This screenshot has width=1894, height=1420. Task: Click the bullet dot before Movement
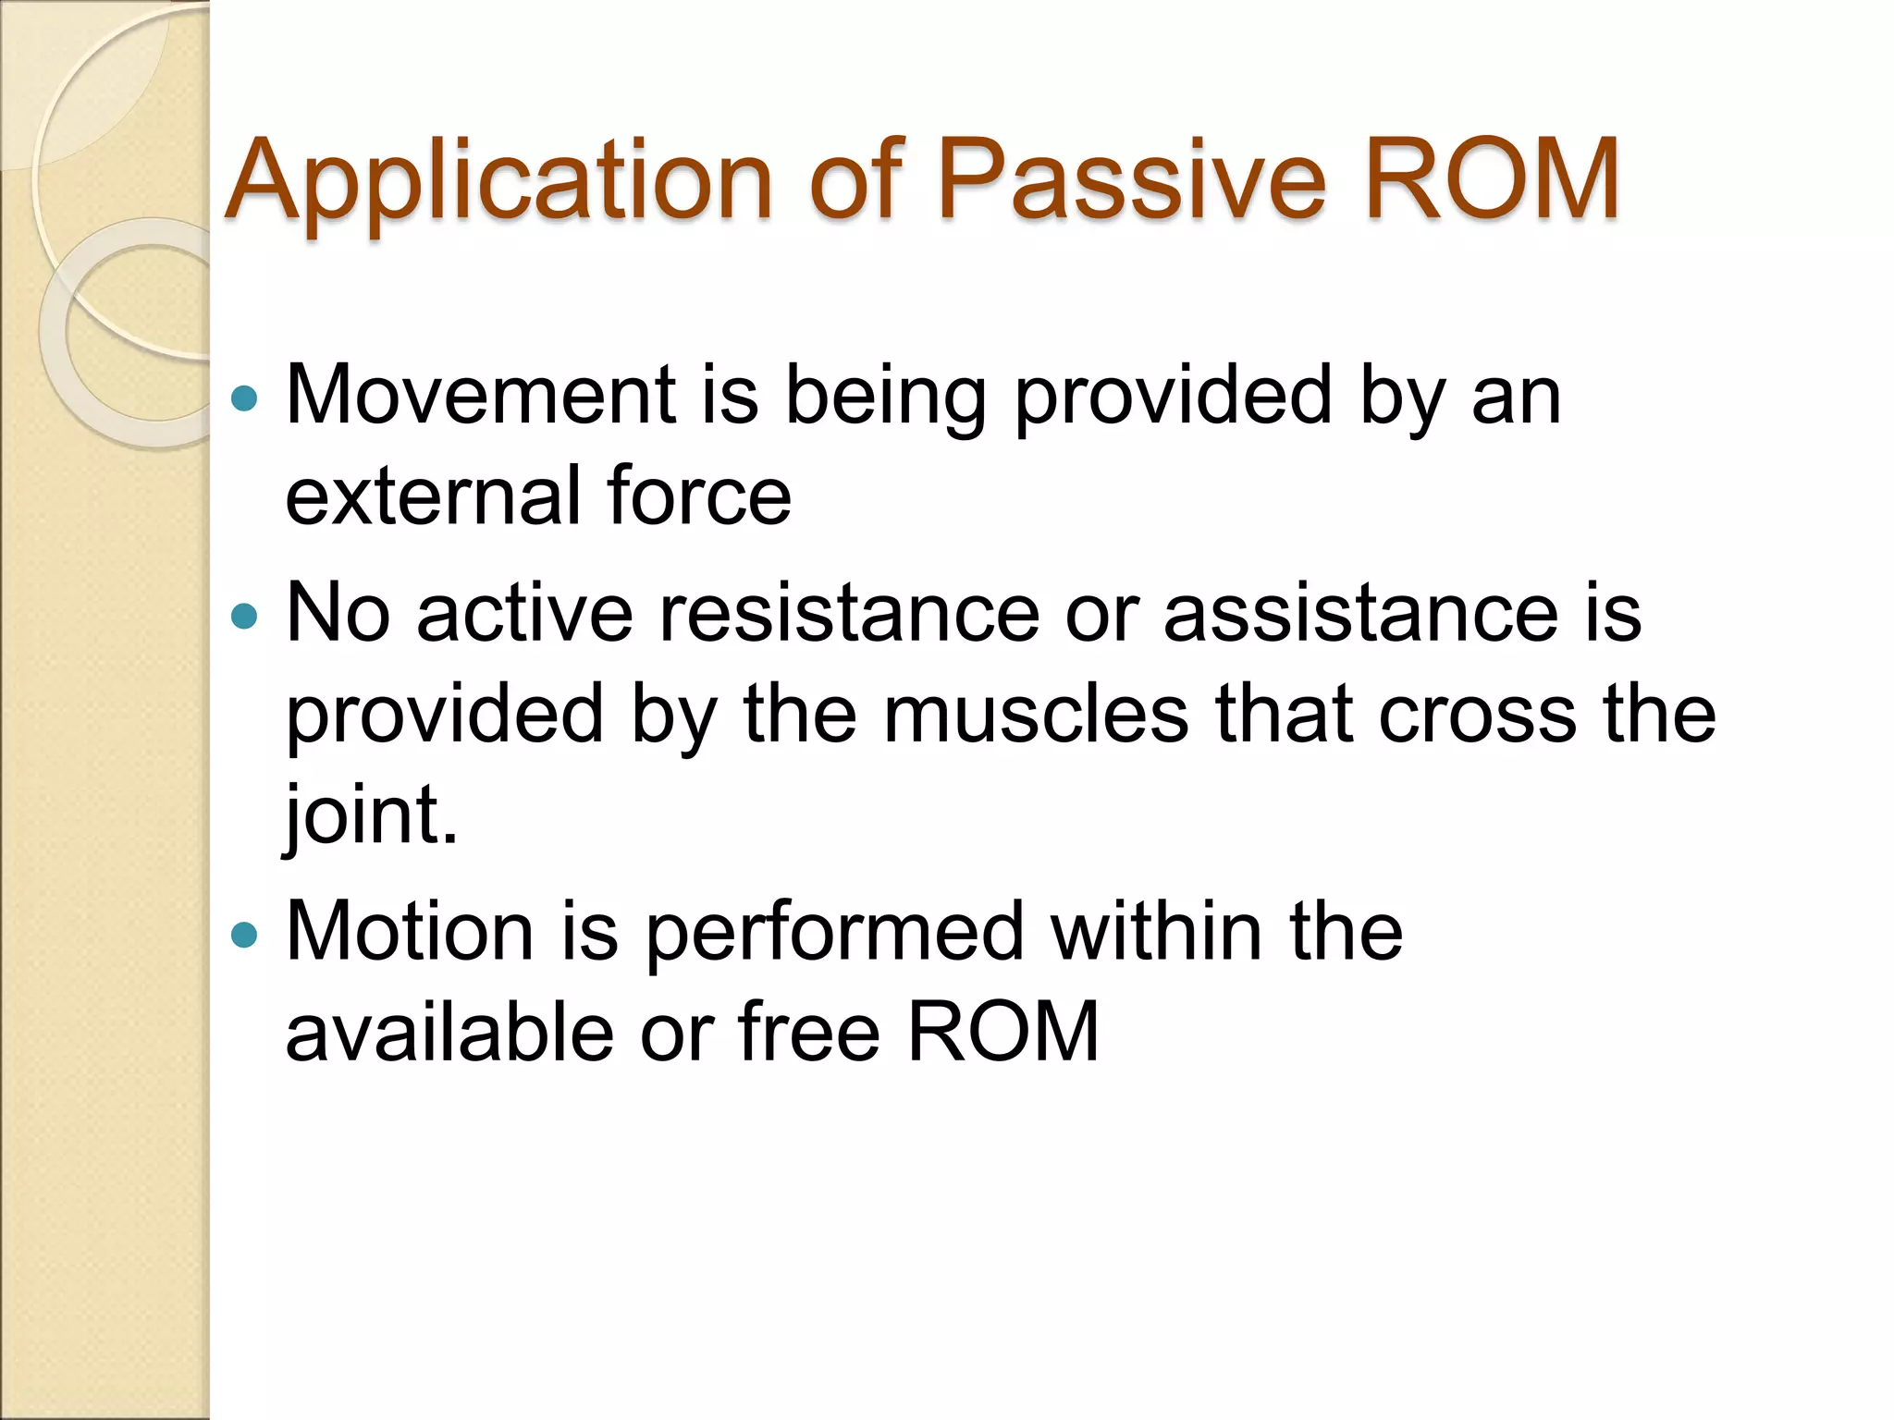[x=244, y=398]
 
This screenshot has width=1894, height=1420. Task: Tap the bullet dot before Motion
[x=244, y=934]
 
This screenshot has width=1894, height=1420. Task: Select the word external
[x=431, y=497]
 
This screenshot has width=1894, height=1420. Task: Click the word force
[x=699, y=497]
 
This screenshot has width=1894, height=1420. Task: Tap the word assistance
[x=1360, y=614]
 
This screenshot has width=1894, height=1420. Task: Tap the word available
[x=449, y=1033]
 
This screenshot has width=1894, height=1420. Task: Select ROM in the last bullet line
[x=1002, y=1033]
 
